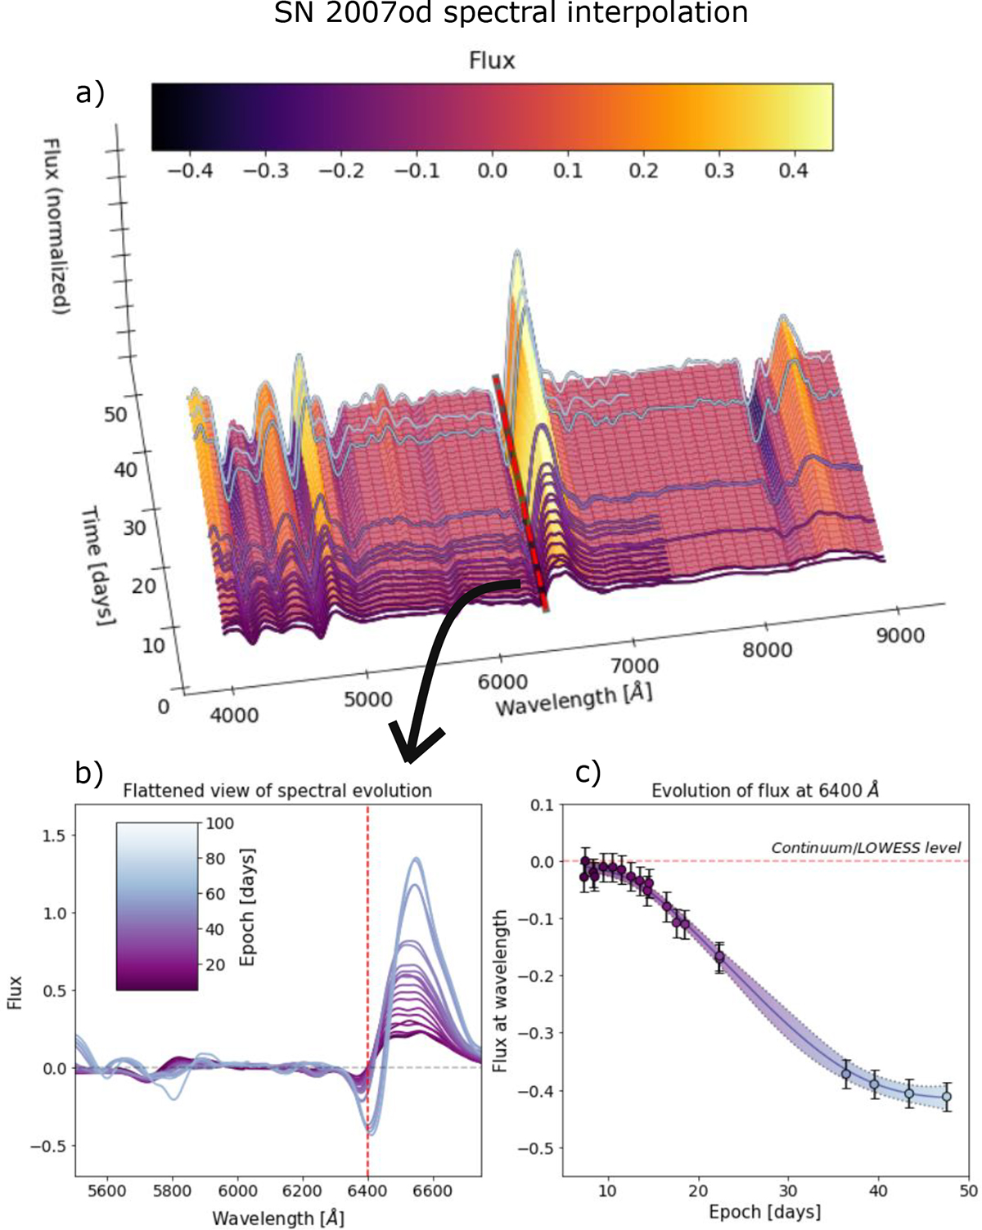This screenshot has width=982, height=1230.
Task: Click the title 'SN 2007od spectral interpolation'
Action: [511, 13]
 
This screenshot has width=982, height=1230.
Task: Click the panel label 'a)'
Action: [90, 93]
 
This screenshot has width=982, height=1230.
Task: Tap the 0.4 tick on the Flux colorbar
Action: [792, 171]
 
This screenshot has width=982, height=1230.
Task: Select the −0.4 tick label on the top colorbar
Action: [190, 171]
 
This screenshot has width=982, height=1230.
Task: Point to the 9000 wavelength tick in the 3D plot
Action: [900, 635]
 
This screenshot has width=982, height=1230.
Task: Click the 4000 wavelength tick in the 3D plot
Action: [235, 715]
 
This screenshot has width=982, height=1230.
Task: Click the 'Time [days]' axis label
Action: [97, 564]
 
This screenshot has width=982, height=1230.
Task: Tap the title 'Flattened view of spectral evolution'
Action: [277, 791]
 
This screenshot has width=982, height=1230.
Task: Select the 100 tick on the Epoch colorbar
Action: [219, 824]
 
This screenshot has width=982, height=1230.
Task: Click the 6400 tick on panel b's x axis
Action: [367, 1192]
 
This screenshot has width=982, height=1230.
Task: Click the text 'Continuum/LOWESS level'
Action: [866, 848]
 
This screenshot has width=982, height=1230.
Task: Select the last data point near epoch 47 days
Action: [947, 1097]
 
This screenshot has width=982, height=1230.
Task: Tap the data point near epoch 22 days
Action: [719, 956]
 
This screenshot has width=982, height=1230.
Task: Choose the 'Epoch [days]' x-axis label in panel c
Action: [764, 1211]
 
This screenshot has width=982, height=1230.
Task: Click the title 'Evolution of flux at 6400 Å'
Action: [764, 791]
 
